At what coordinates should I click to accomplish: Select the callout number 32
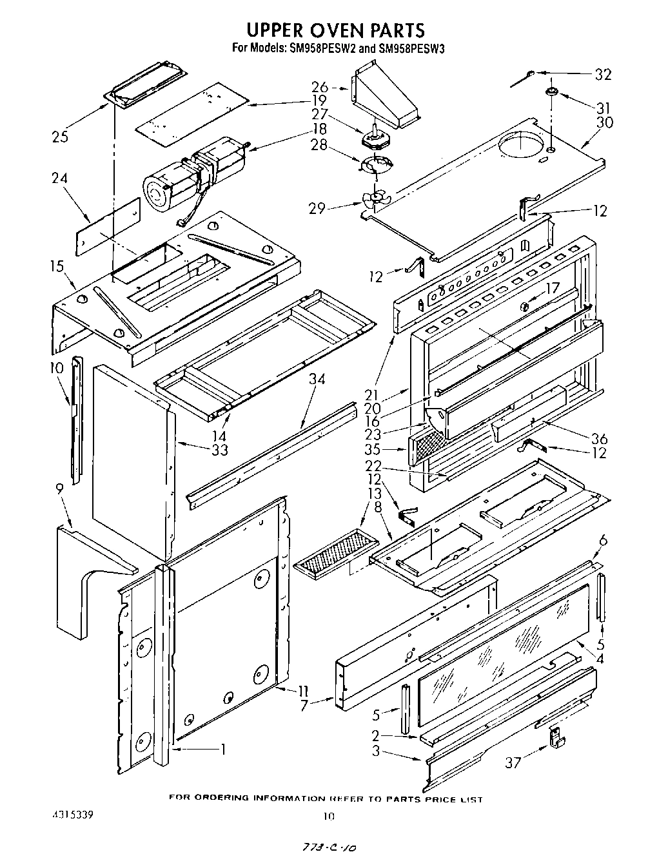[x=602, y=74]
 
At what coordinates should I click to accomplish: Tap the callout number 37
[x=513, y=762]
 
